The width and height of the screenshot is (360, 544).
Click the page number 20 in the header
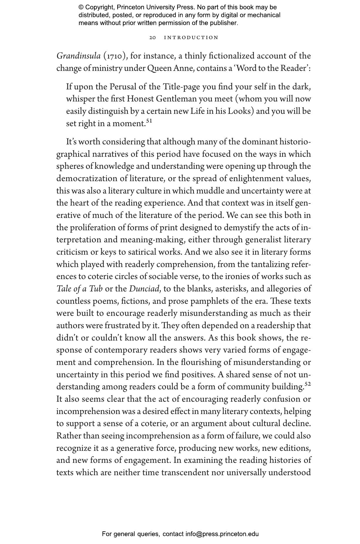[153, 38]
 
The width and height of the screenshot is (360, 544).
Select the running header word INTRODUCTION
[191, 38]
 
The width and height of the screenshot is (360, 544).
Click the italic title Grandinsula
[78, 56]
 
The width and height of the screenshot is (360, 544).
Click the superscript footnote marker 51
[149, 121]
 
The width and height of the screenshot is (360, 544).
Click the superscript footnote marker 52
[308, 384]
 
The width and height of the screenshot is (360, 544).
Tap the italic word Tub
[96, 289]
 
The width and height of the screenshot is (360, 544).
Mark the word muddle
[210, 191]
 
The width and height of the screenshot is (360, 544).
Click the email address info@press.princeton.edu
[222, 534]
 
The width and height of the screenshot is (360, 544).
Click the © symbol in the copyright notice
[81, 7]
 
